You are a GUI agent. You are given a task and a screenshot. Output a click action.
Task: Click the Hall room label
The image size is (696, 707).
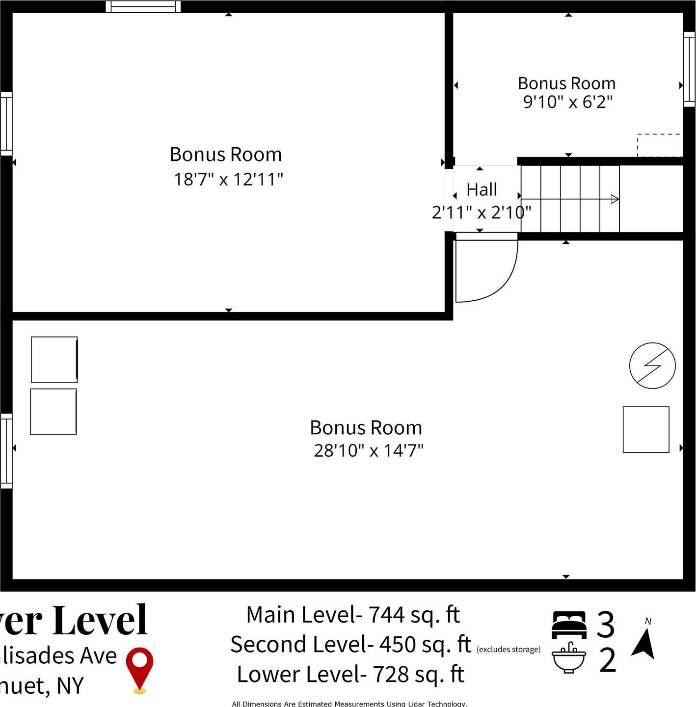click(x=482, y=189)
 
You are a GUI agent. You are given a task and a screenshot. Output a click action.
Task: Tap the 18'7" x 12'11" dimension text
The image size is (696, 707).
click(x=228, y=180)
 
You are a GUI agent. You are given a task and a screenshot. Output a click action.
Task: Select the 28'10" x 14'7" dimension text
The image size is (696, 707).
click(x=368, y=450)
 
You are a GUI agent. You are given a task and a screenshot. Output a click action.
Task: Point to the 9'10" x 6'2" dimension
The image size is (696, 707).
click(x=567, y=102)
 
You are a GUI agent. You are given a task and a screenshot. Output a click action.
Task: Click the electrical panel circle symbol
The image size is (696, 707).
click(x=652, y=366)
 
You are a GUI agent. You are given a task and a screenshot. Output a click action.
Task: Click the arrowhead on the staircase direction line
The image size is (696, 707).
click(x=615, y=199)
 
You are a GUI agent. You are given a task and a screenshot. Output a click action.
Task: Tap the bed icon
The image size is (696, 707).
click(x=569, y=625)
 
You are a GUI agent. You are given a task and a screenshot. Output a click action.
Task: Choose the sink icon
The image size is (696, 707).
click(x=569, y=657)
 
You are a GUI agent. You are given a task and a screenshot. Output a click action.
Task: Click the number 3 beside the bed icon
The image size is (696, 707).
click(x=606, y=625)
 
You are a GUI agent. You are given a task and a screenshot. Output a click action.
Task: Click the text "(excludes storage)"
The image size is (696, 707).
click(x=508, y=650)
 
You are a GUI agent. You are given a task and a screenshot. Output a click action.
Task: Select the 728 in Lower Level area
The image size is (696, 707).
click(x=391, y=675)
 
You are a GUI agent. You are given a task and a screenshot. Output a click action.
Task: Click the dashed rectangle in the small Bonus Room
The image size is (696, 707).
click(x=659, y=145)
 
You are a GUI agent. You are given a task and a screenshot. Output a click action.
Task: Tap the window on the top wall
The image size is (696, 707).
click(x=143, y=6)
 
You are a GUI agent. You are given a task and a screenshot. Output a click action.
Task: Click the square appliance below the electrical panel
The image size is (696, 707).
click(x=646, y=429)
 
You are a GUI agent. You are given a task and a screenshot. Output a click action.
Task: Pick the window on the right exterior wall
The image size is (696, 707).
click(x=690, y=69)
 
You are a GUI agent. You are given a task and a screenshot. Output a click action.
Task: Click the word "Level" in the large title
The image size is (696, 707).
click(x=100, y=620)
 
